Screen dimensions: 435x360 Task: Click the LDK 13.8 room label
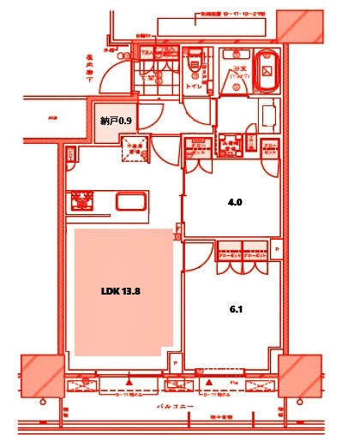click(x=120, y=291)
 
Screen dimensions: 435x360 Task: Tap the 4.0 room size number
click(x=235, y=203)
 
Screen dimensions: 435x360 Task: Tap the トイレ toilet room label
click(x=195, y=86)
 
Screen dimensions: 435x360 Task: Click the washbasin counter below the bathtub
click(x=264, y=111)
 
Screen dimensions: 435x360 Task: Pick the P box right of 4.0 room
click(x=276, y=251)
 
